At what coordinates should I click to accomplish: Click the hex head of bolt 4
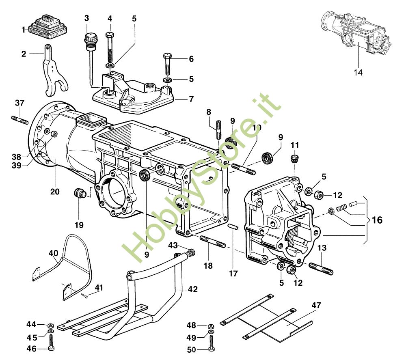[110, 34]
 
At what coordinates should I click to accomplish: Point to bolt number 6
[167, 65]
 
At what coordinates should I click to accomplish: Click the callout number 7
[191, 99]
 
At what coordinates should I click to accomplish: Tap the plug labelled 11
[294, 158]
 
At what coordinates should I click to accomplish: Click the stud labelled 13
[321, 268]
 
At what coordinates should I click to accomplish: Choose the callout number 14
[358, 72]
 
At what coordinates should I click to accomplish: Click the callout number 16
[377, 220]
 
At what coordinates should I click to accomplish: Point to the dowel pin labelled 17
[233, 227]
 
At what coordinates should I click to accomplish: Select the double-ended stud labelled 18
[213, 241]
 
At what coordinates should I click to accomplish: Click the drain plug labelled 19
[80, 193]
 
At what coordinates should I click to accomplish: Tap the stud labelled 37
[19, 120]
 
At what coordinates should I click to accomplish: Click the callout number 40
[54, 253]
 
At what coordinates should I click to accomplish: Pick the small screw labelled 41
[84, 295]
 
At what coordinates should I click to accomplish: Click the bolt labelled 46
[51, 343]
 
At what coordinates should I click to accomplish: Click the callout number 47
[316, 305]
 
